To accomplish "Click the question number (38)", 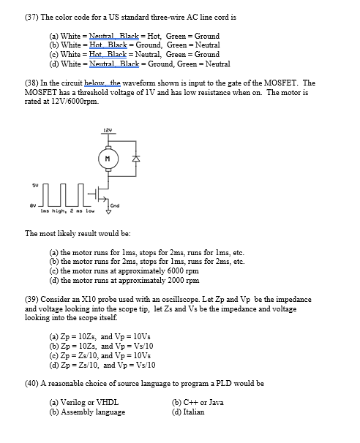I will (33, 83).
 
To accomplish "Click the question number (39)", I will (33, 299).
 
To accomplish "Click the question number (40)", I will (33, 383).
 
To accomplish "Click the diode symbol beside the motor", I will (133, 158).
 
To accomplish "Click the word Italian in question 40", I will (193, 412).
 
